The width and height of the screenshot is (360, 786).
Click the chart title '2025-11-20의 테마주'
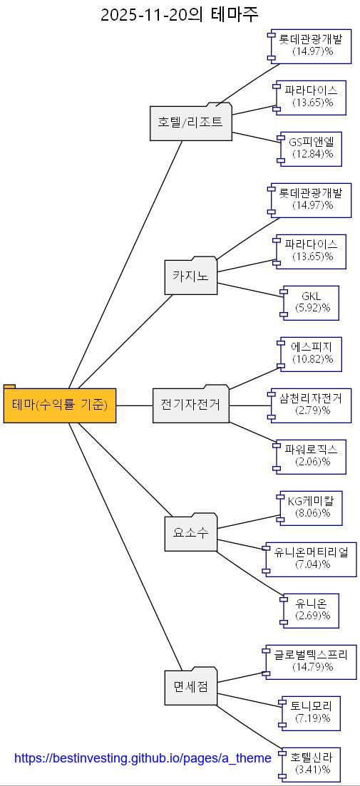pyautogui.click(x=180, y=14)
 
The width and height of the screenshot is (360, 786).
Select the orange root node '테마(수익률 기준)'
pyautogui.click(x=60, y=405)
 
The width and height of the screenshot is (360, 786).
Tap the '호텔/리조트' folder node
pyautogui.click(x=191, y=122)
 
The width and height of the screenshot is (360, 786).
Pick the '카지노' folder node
pyautogui.click(x=191, y=276)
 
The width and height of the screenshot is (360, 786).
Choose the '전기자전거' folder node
pyautogui.click(x=190, y=405)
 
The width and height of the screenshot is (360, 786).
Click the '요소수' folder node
pyautogui.click(x=190, y=532)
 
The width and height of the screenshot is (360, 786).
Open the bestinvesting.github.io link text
pyautogui.click(x=143, y=758)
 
